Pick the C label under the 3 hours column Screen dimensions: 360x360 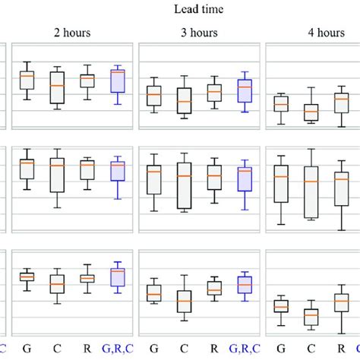[x=184, y=349]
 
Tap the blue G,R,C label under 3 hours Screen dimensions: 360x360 [x=244, y=349]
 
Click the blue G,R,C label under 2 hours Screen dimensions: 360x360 [x=117, y=349]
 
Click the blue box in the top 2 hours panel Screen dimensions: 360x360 [x=117, y=81]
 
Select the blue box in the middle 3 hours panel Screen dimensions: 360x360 [x=244, y=179]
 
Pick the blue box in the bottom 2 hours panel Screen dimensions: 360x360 [x=117, y=276]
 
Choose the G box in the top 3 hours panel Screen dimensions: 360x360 [x=154, y=96]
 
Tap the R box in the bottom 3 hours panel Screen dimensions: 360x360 [x=214, y=289]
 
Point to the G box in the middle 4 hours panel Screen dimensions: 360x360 [x=281, y=183]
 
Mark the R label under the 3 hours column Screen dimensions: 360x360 [x=214, y=349]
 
